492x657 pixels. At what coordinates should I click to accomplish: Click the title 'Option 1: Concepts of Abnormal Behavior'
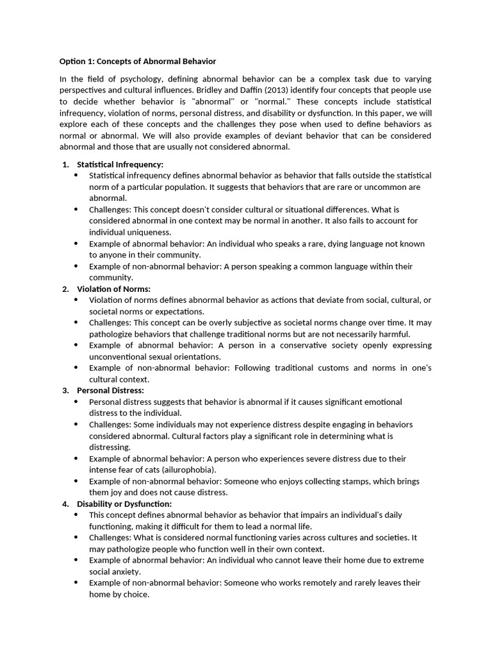pos(138,61)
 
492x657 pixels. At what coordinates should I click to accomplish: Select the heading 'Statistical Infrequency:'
pos(120,164)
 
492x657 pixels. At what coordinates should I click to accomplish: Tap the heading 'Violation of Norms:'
pos(113,289)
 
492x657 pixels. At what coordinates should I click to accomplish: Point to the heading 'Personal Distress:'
pos(110,390)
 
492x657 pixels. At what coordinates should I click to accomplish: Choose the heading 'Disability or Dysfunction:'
pos(124,504)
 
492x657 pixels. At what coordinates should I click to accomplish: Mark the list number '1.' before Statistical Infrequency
pos(65,164)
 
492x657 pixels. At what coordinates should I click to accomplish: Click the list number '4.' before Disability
pos(65,504)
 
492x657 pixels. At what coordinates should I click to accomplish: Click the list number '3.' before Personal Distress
pos(65,390)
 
